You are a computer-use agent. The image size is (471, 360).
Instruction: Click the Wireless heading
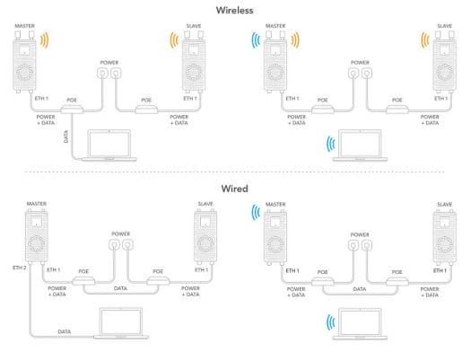pos(234,10)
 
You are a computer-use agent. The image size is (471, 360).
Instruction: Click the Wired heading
pos(234,189)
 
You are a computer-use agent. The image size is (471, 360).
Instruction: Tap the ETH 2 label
pos(20,268)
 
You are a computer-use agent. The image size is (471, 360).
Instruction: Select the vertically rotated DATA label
pos(66,136)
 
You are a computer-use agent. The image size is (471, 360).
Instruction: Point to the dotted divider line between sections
pos(234,172)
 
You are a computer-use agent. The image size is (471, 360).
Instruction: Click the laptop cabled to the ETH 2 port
pos(121,323)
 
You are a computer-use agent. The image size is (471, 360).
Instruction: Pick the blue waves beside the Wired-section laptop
pos(331,322)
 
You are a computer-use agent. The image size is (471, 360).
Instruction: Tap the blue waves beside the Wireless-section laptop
pos(331,144)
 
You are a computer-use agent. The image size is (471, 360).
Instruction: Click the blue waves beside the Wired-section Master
pos(256,212)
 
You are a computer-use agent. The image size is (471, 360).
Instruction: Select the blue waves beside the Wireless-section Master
pos(256,40)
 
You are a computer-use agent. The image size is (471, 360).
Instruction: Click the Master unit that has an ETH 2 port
pos(37,237)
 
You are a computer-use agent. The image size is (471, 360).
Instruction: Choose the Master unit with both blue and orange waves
pos(275,62)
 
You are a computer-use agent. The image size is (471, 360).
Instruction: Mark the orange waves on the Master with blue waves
pos(295,40)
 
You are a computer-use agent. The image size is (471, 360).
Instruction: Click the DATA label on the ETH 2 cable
pos(65,332)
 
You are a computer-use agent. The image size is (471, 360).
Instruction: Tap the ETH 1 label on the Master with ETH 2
pos(54,270)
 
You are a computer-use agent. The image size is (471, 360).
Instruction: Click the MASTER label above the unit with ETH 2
pos(37,204)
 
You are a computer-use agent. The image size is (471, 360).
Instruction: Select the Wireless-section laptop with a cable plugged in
pos(109,145)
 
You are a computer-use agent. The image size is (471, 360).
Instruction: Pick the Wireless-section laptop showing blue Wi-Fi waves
pos(360,145)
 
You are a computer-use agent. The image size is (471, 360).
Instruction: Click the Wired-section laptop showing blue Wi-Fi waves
pos(360,324)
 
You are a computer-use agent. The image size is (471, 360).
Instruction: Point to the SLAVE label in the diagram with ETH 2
pos(205,204)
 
